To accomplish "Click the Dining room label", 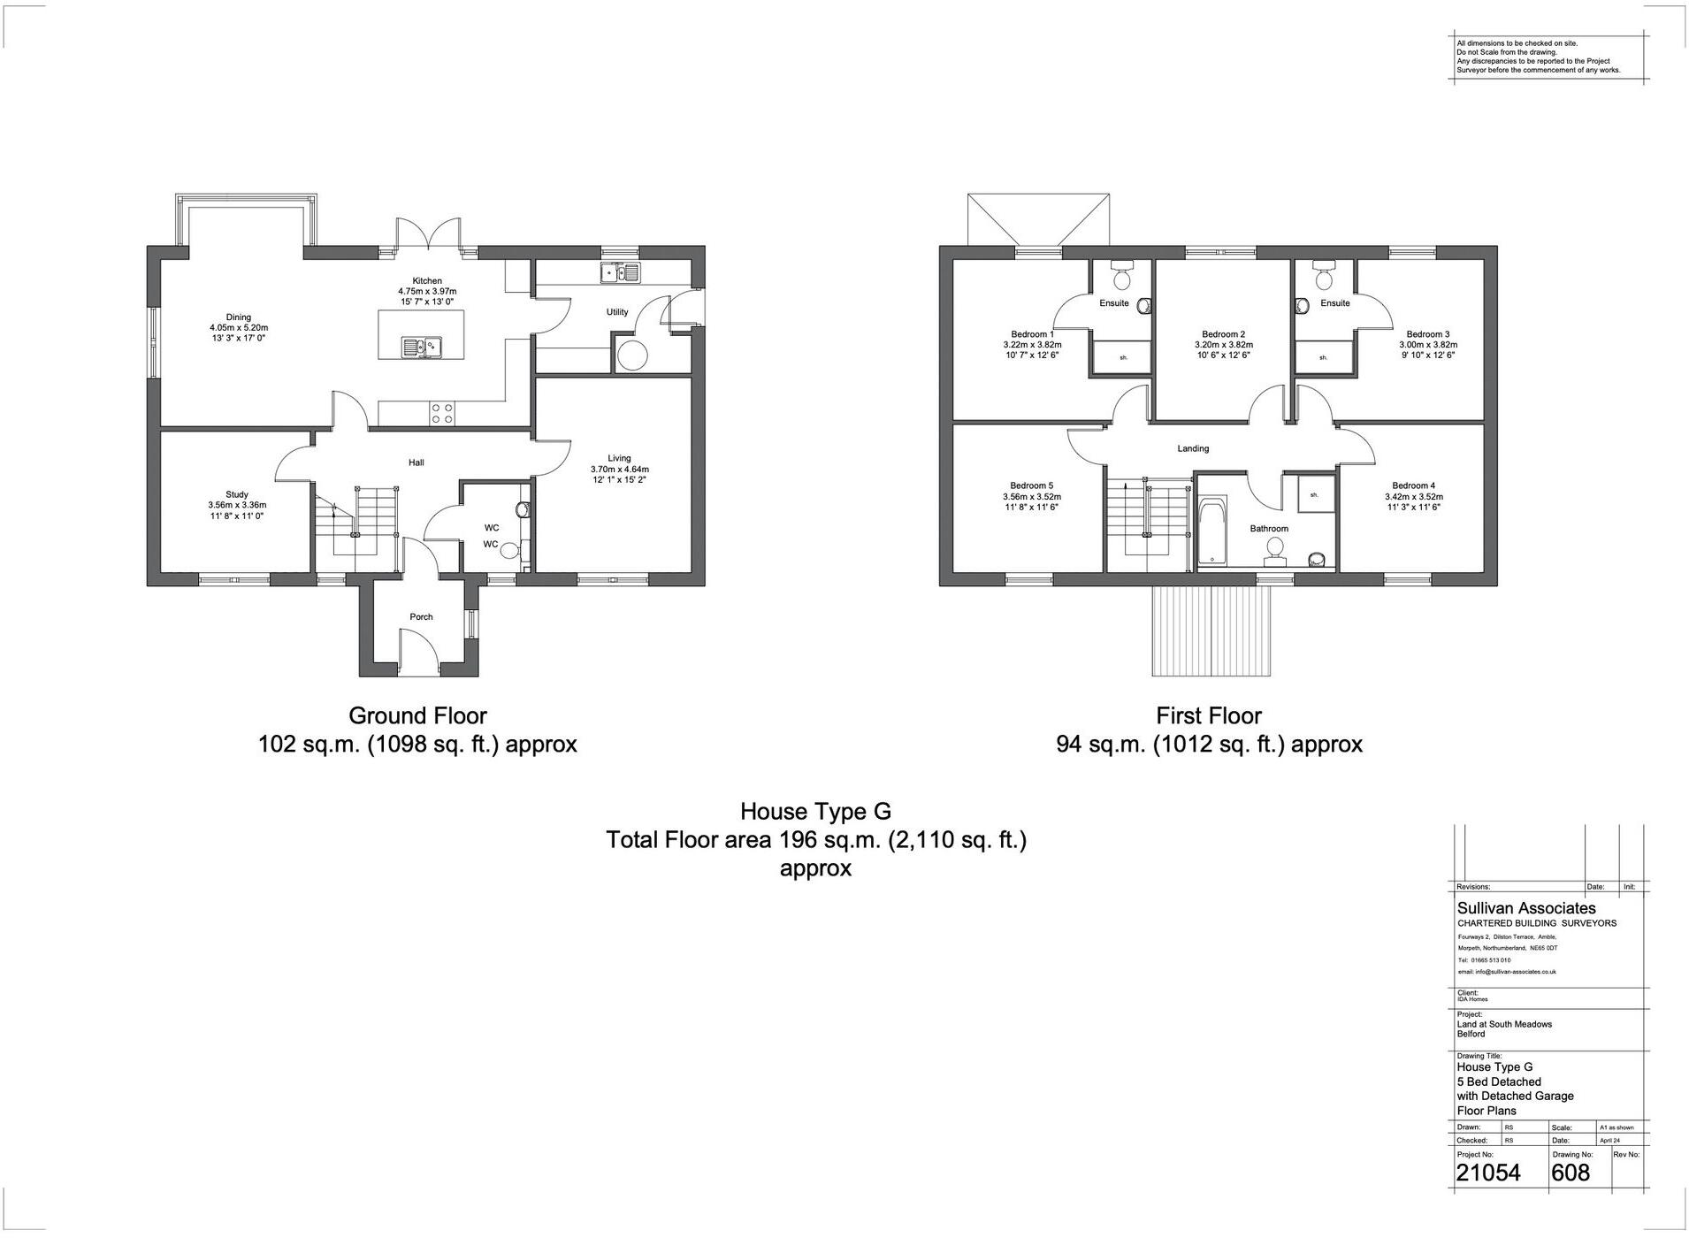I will [238, 317].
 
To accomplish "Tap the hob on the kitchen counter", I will [441, 413].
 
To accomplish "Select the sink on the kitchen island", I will [422, 347].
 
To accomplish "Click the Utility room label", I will [617, 312].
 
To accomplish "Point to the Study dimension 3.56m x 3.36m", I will [237, 505].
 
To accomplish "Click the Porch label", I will [421, 617].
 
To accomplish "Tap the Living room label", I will [619, 458].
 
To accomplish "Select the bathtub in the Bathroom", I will [1211, 531].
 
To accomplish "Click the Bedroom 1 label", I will [1032, 334].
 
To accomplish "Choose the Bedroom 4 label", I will [1413, 485].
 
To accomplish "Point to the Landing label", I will [1193, 448].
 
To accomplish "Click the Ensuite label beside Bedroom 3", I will [1334, 303].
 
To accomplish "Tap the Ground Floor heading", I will [417, 715].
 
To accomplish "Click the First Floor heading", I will [1209, 715].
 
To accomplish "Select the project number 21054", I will [1488, 1173].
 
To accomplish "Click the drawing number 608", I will [1571, 1173].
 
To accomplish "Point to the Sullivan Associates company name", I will [1526, 908].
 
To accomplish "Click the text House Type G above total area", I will [815, 811].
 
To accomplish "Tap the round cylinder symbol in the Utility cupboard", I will [632, 355].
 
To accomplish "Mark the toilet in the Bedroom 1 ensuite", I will [1122, 279].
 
